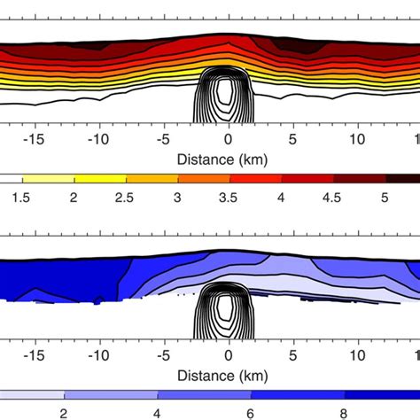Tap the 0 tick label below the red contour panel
click(229, 140)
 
